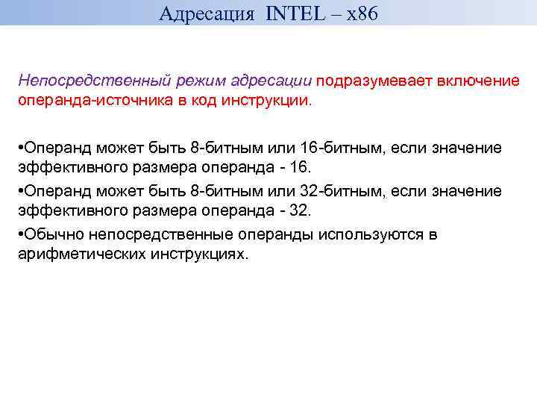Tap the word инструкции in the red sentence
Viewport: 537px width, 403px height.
(274, 100)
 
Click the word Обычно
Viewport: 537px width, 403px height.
(53, 234)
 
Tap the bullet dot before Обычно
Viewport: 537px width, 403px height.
(21, 234)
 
